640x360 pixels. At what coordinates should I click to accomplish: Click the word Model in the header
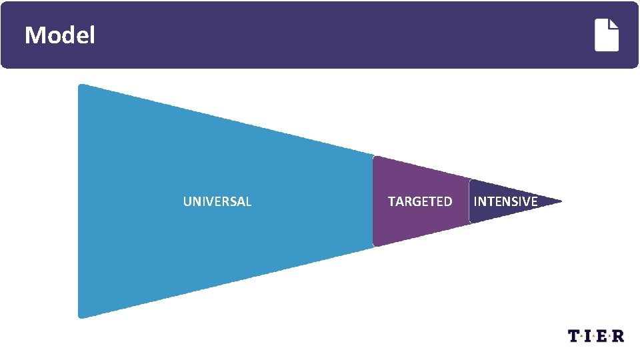(59, 35)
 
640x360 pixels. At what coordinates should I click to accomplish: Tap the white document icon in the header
(607, 35)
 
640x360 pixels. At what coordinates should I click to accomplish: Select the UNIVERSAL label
(217, 201)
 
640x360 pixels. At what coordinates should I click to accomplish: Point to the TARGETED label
(420, 201)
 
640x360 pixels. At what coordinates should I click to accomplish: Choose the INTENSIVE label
(505, 201)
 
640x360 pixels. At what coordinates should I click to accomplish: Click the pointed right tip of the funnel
(561, 201)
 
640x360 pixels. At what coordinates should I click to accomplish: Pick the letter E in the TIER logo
(604, 336)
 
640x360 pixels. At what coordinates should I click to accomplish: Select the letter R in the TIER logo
(619, 336)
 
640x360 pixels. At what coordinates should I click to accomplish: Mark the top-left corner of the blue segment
(81, 86)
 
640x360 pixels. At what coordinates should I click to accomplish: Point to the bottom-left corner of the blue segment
(81, 316)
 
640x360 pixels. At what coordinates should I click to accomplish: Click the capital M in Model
(33, 35)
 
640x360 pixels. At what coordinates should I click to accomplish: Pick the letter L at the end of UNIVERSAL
(249, 201)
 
